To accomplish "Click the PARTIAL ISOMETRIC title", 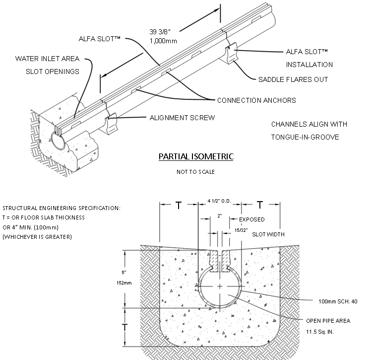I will coord(196,156).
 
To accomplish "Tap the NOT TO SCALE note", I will coord(196,172).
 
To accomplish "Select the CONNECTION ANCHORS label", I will coord(256,100).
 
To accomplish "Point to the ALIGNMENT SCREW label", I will coord(182,118).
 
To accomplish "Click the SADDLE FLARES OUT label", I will coord(293,79).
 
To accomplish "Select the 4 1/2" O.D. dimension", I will coord(220,201).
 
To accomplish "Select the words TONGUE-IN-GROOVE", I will coord(305,137).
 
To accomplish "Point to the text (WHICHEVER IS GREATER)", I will coord(37,236).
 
